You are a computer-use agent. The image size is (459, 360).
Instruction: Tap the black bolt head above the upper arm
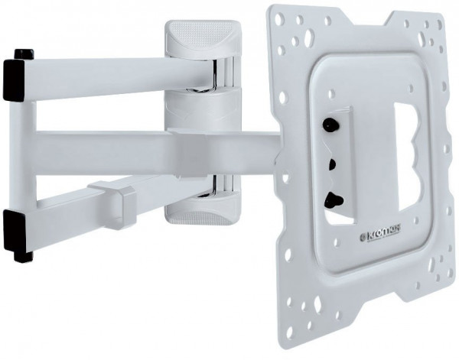[24, 54]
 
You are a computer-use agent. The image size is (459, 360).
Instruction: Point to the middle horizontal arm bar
[153, 145]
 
